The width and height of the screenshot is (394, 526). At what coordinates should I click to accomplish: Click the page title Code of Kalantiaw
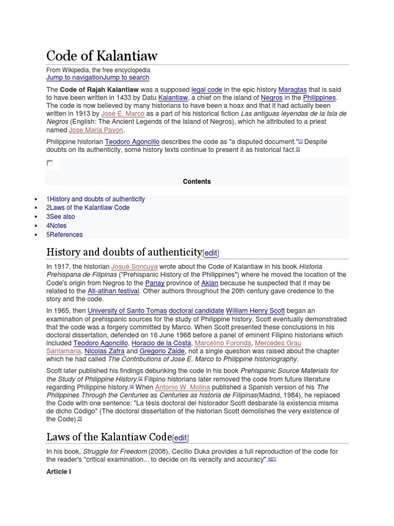coord(102,55)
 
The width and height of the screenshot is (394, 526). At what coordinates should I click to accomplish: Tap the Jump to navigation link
coord(74,78)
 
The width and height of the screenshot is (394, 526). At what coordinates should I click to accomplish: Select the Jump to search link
coord(126,78)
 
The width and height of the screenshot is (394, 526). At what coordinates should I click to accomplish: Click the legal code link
coord(207,89)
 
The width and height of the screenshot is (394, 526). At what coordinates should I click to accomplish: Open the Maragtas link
coord(292,89)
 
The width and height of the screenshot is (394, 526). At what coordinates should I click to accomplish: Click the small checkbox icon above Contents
coord(50,163)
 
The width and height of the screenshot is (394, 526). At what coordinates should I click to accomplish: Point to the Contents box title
coord(196,181)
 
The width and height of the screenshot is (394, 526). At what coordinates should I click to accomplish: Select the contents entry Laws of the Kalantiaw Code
coord(89,208)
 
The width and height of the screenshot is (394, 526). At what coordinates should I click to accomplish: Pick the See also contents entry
coord(62,217)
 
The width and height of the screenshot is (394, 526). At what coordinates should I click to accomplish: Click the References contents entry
coord(66,235)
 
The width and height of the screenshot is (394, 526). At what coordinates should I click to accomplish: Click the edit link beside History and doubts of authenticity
coord(211,253)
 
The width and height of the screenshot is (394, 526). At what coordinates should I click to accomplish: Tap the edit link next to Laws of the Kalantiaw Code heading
coord(181,438)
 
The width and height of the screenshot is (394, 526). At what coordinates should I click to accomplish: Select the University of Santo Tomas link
coord(127,311)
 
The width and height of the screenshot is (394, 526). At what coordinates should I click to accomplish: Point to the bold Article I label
coord(59,472)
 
